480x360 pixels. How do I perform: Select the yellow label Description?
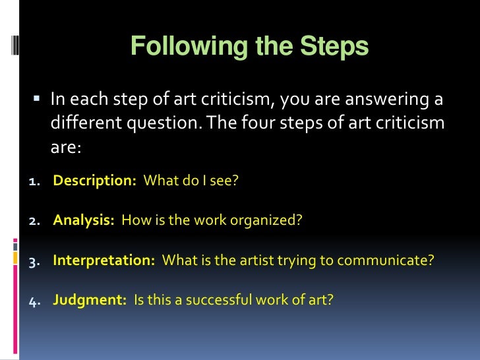pos(94,181)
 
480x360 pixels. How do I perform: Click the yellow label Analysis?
pos(84,220)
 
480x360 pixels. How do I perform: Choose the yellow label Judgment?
pos(89,299)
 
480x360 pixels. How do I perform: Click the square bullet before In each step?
pos(37,100)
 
